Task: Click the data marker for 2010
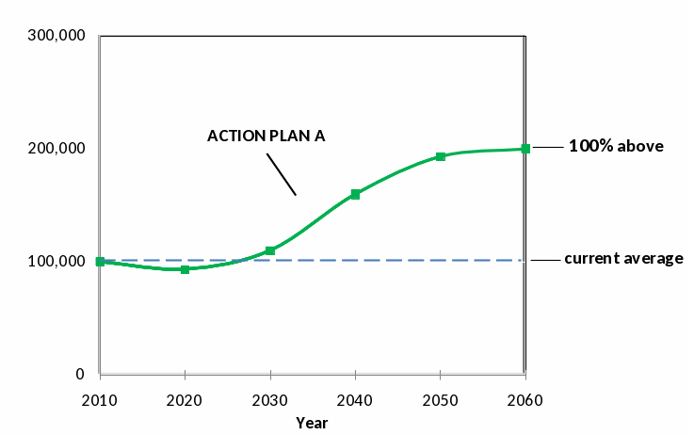point(100,262)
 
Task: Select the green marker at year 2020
point(185,269)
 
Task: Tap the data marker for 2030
point(270,250)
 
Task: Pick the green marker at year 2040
point(355,194)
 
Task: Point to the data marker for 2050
point(440,156)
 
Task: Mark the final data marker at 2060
point(525,149)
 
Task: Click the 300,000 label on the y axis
point(58,36)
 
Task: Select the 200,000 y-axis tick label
point(58,149)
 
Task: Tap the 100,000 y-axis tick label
point(58,262)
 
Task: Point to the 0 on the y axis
point(80,375)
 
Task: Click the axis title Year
point(312,423)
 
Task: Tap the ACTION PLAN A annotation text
point(266,136)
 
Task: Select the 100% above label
point(616,147)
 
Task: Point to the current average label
point(623,259)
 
